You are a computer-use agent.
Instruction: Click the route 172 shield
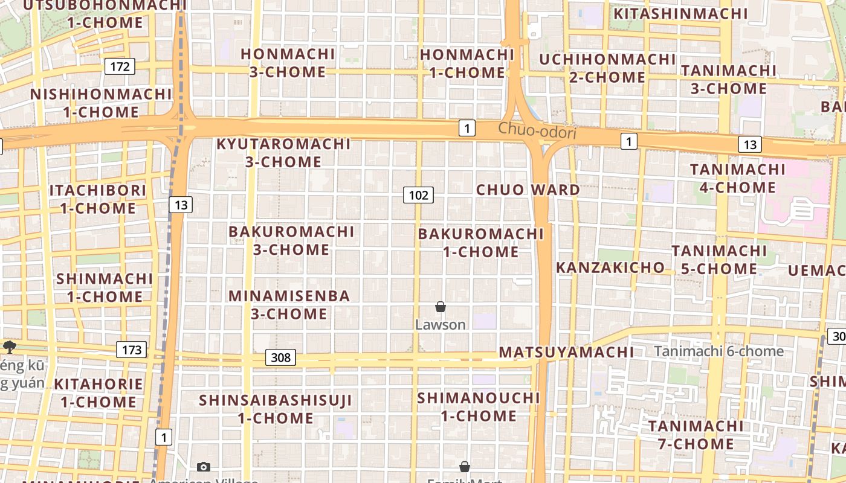pos(120,66)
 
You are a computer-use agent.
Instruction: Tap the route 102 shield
pos(418,195)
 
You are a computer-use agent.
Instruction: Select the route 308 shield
pos(280,357)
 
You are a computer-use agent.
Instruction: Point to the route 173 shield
pos(131,350)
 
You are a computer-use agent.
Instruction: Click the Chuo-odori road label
pos(537,130)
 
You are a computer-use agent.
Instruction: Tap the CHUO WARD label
pos(528,190)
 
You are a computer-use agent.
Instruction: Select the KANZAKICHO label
pos(610,267)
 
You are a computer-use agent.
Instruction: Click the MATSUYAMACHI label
pos(566,352)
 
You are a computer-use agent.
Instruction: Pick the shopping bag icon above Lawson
pos(441,307)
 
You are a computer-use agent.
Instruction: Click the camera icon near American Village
pos(204,467)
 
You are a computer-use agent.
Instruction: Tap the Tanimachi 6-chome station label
pos(718,351)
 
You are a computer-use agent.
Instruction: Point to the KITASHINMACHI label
pos(680,13)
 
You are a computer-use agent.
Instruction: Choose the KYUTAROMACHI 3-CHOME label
pos(283,153)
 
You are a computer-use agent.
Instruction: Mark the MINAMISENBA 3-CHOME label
pos(289,305)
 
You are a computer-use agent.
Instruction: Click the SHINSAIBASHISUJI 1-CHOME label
pos(276,409)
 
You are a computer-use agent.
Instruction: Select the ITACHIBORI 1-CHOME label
pos(98,199)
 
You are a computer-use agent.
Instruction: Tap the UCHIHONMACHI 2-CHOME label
pos(607,68)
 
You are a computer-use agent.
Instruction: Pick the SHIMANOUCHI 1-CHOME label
pos(479,407)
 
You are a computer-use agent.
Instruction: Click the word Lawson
pos(441,325)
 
